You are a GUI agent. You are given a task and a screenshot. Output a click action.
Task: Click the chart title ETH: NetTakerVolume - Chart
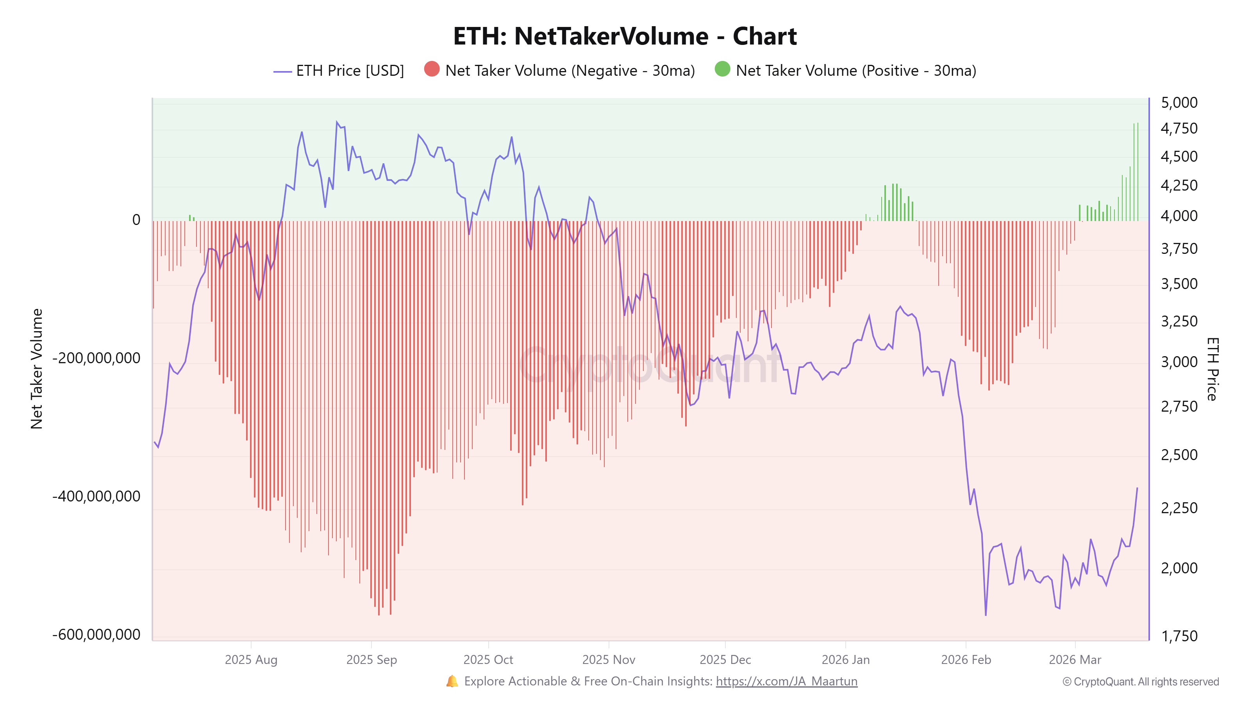(625, 36)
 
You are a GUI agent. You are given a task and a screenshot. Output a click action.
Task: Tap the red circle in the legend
(431, 70)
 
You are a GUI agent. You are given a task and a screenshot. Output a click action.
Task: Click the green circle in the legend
(722, 70)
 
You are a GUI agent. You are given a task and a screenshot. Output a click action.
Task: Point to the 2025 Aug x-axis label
(251, 660)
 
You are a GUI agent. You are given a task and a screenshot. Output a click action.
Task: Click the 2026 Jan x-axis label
(845, 660)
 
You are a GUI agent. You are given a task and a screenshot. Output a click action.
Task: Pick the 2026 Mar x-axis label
(1075, 660)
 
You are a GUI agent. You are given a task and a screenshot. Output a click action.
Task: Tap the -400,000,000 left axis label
(96, 496)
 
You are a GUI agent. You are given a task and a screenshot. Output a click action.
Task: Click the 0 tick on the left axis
(136, 220)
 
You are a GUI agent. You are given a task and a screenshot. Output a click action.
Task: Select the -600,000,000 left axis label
(96, 635)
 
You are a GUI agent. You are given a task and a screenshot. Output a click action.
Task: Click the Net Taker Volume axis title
(37, 369)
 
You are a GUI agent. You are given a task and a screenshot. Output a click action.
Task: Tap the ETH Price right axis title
(1212, 369)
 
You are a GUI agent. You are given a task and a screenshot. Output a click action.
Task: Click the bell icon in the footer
(452, 681)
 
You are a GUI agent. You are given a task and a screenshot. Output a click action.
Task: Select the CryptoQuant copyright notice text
(1140, 682)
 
